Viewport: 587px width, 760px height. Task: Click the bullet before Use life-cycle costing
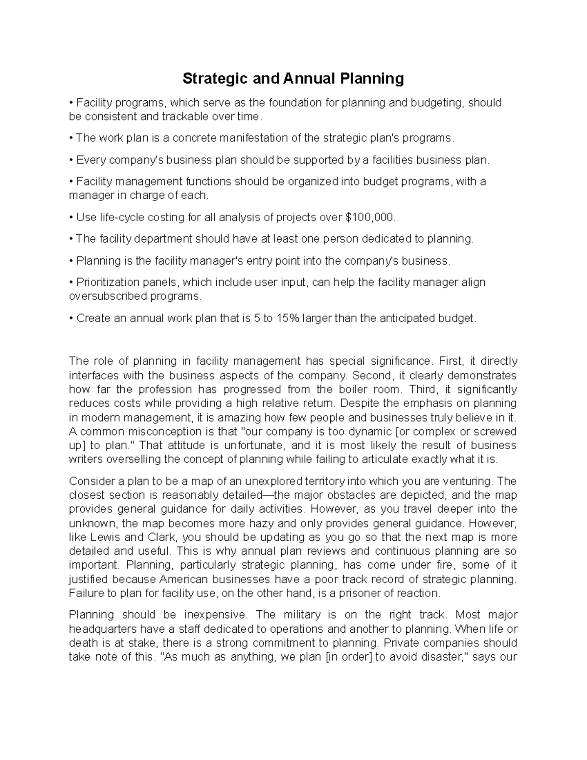[71, 217]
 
